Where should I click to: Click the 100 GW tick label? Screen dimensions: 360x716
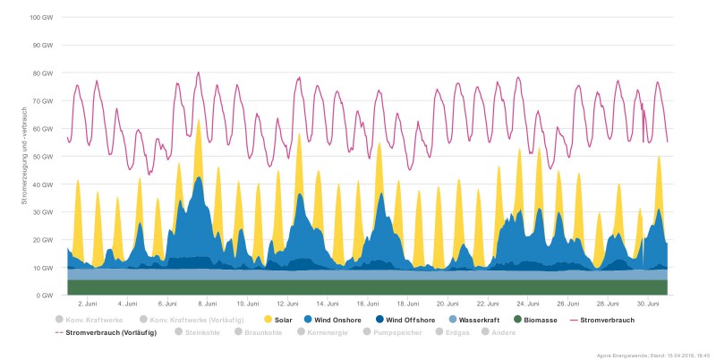[x=41, y=18]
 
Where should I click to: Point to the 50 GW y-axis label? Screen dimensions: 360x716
[x=43, y=157]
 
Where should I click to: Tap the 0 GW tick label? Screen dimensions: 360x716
[x=45, y=296]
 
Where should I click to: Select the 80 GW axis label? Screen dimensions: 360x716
[x=43, y=73]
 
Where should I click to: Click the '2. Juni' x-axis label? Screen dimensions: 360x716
[x=88, y=304]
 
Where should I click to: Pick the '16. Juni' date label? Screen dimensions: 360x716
[x=368, y=304]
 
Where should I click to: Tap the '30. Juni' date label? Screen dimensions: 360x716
[x=648, y=304]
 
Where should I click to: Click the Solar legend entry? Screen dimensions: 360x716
[x=278, y=320]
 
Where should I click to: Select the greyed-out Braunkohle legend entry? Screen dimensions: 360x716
[x=259, y=333]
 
